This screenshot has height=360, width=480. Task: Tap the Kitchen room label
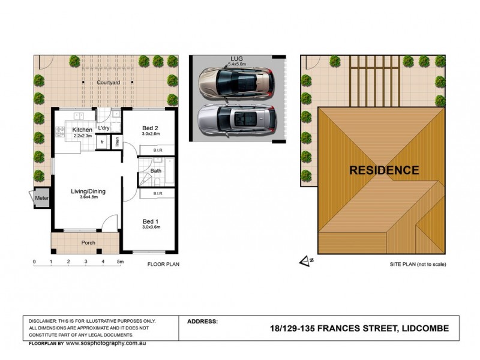click(82, 130)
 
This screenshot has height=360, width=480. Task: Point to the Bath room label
click(156, 171)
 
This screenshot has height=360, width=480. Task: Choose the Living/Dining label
click(88, 191)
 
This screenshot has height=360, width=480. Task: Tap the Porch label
click(88, 243)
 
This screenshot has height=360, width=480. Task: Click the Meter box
click(41, 198)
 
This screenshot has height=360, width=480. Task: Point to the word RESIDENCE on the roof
click(384, 170)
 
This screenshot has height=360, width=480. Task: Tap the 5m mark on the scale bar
click(121, 262)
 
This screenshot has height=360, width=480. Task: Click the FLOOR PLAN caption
click(163, 263)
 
